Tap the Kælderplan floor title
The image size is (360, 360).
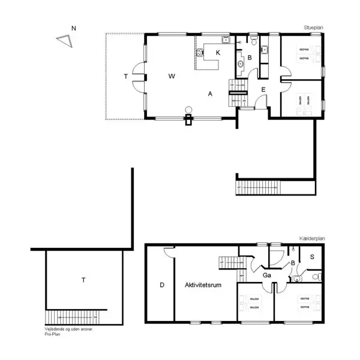(x=311, y=239)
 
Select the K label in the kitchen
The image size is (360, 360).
(x=218, y=53)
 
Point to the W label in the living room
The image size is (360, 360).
(x=172, y=76)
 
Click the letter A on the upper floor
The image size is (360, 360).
(x=210, y=94)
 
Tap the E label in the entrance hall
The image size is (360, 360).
(x=263, y=90)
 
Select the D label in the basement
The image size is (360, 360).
(x=161, y=284)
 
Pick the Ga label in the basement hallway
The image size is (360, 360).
(x=266, y=275)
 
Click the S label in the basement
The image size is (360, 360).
(x=312, y=256)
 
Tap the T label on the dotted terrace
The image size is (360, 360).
(x=125, y=76)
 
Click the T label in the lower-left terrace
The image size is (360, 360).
(x=83, y=280)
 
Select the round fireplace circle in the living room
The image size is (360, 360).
(x=188, y=109)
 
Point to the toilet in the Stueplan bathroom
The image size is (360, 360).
(x=254, y=43)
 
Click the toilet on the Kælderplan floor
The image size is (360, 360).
(x=319, y=276)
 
